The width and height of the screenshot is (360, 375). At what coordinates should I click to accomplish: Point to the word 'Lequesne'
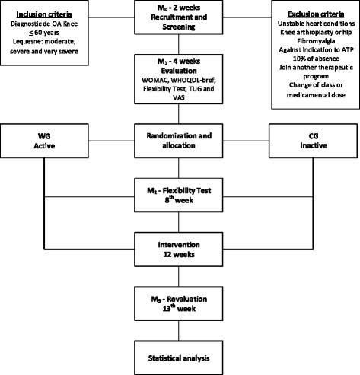24,43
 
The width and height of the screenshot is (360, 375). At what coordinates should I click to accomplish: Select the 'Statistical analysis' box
180,354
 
